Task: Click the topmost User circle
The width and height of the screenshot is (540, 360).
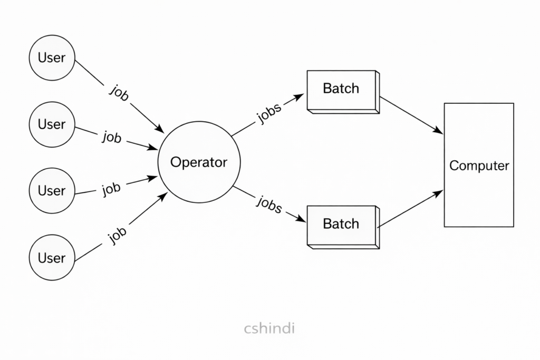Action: click(52, 57)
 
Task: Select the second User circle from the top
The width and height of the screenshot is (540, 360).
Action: click(52, 124)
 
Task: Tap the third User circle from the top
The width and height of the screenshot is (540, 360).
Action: click(52, 190)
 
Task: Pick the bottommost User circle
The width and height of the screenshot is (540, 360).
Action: click(52, 258)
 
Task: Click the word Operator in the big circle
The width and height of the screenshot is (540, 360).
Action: click(199, 162)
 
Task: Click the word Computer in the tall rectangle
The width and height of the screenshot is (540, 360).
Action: click(479, 166)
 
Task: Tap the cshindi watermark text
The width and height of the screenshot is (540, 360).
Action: click(269, 328)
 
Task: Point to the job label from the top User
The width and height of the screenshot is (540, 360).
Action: click(119, 92)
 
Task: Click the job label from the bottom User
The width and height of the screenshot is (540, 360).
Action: click(117, 231)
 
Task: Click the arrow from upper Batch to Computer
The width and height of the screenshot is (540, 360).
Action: click(411, 114)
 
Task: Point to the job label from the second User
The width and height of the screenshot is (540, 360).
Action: click(112, 138)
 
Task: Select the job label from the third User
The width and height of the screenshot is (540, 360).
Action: click(112, 188)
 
